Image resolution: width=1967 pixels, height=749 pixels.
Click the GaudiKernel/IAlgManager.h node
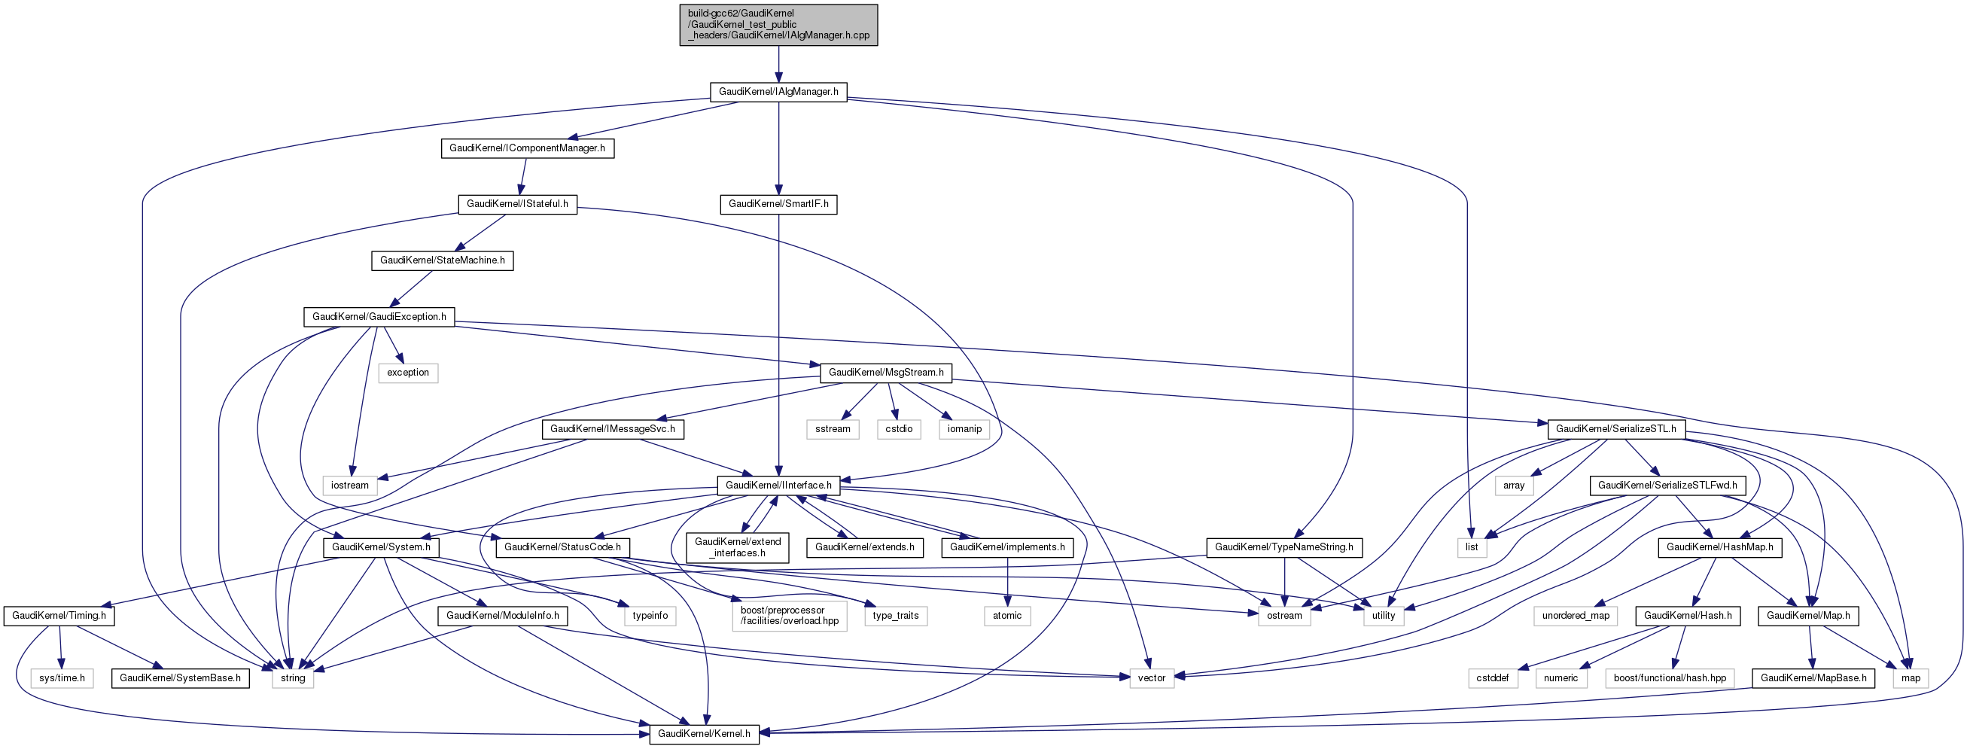778,92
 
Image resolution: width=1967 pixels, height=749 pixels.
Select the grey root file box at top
778,24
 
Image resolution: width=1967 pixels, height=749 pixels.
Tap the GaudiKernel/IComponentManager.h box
527,148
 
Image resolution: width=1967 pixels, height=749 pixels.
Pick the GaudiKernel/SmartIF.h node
778,204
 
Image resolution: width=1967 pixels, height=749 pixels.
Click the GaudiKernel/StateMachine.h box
442,260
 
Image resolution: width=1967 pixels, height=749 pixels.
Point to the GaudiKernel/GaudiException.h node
379,317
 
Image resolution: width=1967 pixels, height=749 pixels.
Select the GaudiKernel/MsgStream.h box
886,373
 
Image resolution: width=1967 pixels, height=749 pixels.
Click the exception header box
408,373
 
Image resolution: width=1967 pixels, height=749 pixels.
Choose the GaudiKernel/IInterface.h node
778,486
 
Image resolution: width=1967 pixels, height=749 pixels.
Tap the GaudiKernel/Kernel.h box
704,734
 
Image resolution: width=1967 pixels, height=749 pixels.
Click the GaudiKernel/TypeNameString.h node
1283,547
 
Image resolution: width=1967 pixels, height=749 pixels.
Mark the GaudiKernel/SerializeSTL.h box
1615,429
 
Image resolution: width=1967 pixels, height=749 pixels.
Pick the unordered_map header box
1576,616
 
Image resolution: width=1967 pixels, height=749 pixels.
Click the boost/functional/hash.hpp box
1670,678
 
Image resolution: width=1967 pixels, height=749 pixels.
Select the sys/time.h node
62,678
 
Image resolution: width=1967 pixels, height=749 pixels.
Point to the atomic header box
1007,616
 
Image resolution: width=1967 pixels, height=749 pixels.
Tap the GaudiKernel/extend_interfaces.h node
738,547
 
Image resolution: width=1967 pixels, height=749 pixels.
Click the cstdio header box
899,429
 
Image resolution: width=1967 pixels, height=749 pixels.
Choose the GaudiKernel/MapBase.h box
1813,678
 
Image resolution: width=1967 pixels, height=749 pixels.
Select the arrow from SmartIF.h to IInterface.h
778,343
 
